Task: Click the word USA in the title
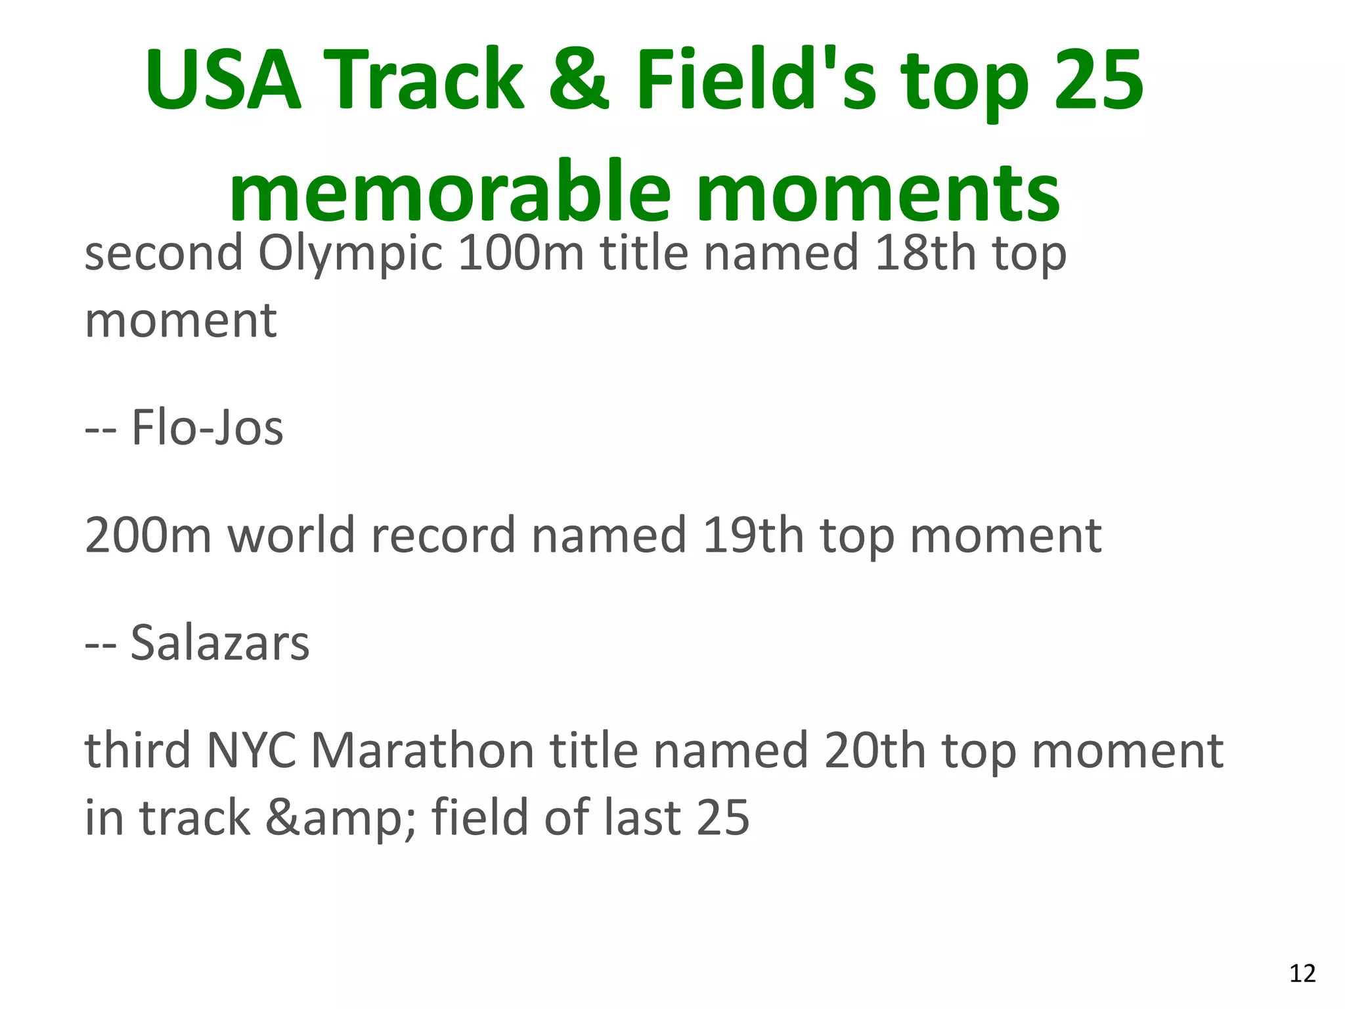(223, 80)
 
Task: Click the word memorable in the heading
(450, 192)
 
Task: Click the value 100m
(520, 253)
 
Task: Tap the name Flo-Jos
(207, 428)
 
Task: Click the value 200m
(148, 535)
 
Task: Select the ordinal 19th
(753, 535)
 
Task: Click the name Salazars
(219, 642)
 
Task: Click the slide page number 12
(1302, 974)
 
